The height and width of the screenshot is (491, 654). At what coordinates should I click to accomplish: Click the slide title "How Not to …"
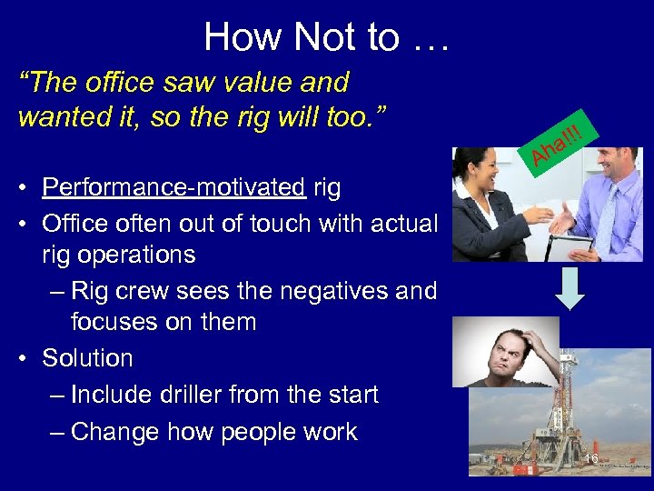327,37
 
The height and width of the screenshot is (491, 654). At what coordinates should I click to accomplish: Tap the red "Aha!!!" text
557,144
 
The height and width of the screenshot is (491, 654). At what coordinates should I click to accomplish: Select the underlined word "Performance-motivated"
173,188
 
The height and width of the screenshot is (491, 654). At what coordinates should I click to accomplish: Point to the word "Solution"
87,358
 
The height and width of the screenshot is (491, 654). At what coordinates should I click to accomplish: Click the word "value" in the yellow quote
252,83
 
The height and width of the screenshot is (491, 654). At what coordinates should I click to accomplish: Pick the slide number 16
591,458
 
